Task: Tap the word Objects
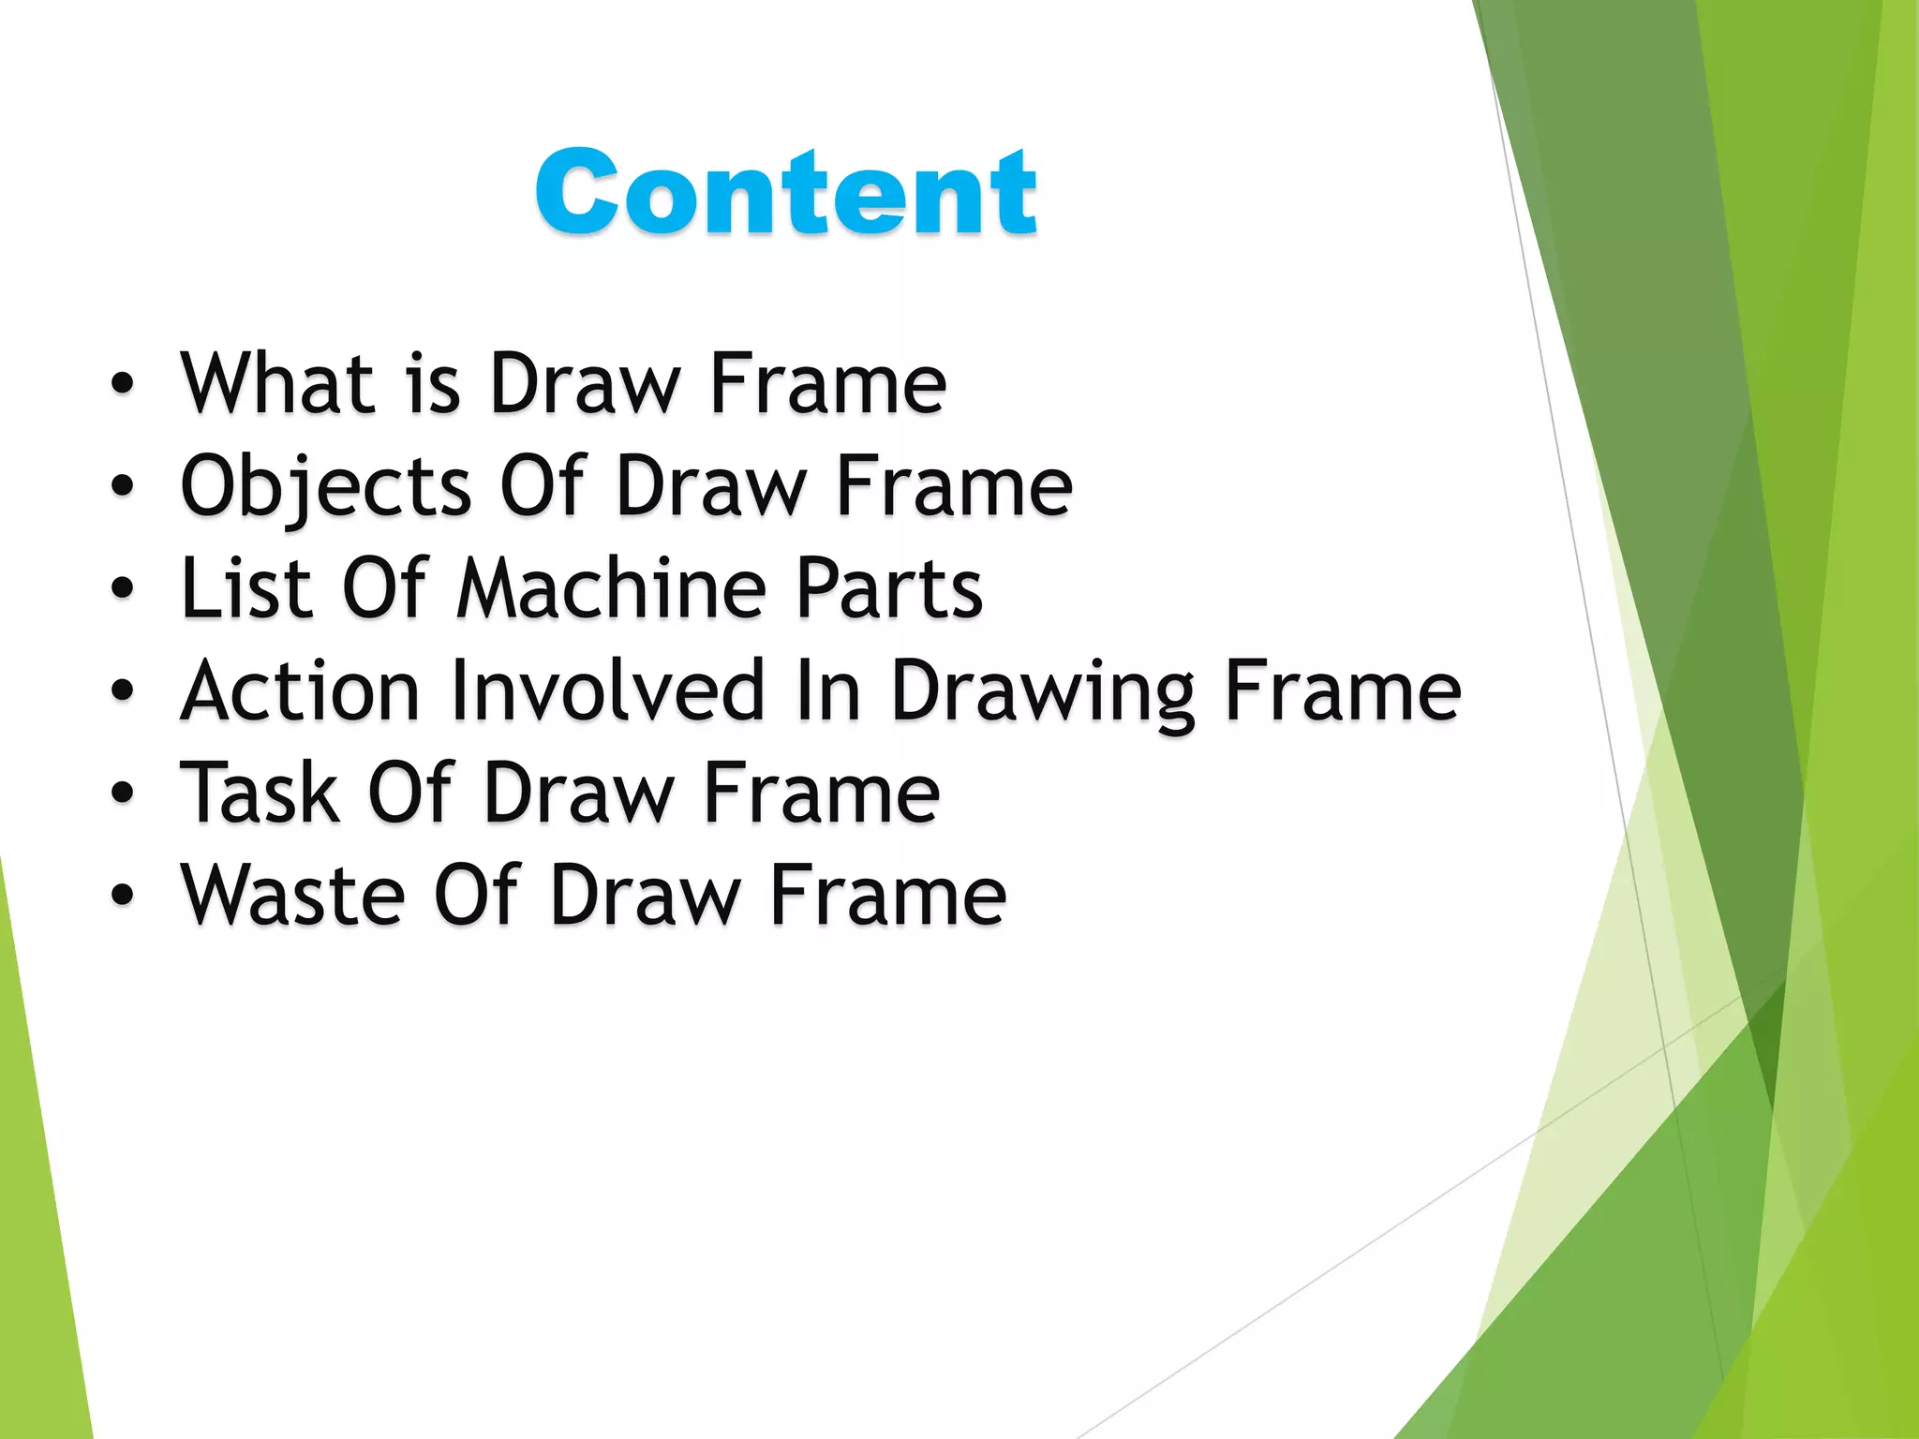point(326,487)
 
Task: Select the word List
point(245,588)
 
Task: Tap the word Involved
point(608,691)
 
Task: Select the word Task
point(260,794)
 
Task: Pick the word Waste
point(293,896)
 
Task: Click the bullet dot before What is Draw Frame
point(122,384)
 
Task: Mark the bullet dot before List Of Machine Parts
point(122,588)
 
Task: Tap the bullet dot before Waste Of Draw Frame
point(122,896)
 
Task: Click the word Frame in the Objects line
point(954,485)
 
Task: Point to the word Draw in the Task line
point(578,794)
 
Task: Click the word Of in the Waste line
point(476,896)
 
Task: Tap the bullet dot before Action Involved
point(122,691)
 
